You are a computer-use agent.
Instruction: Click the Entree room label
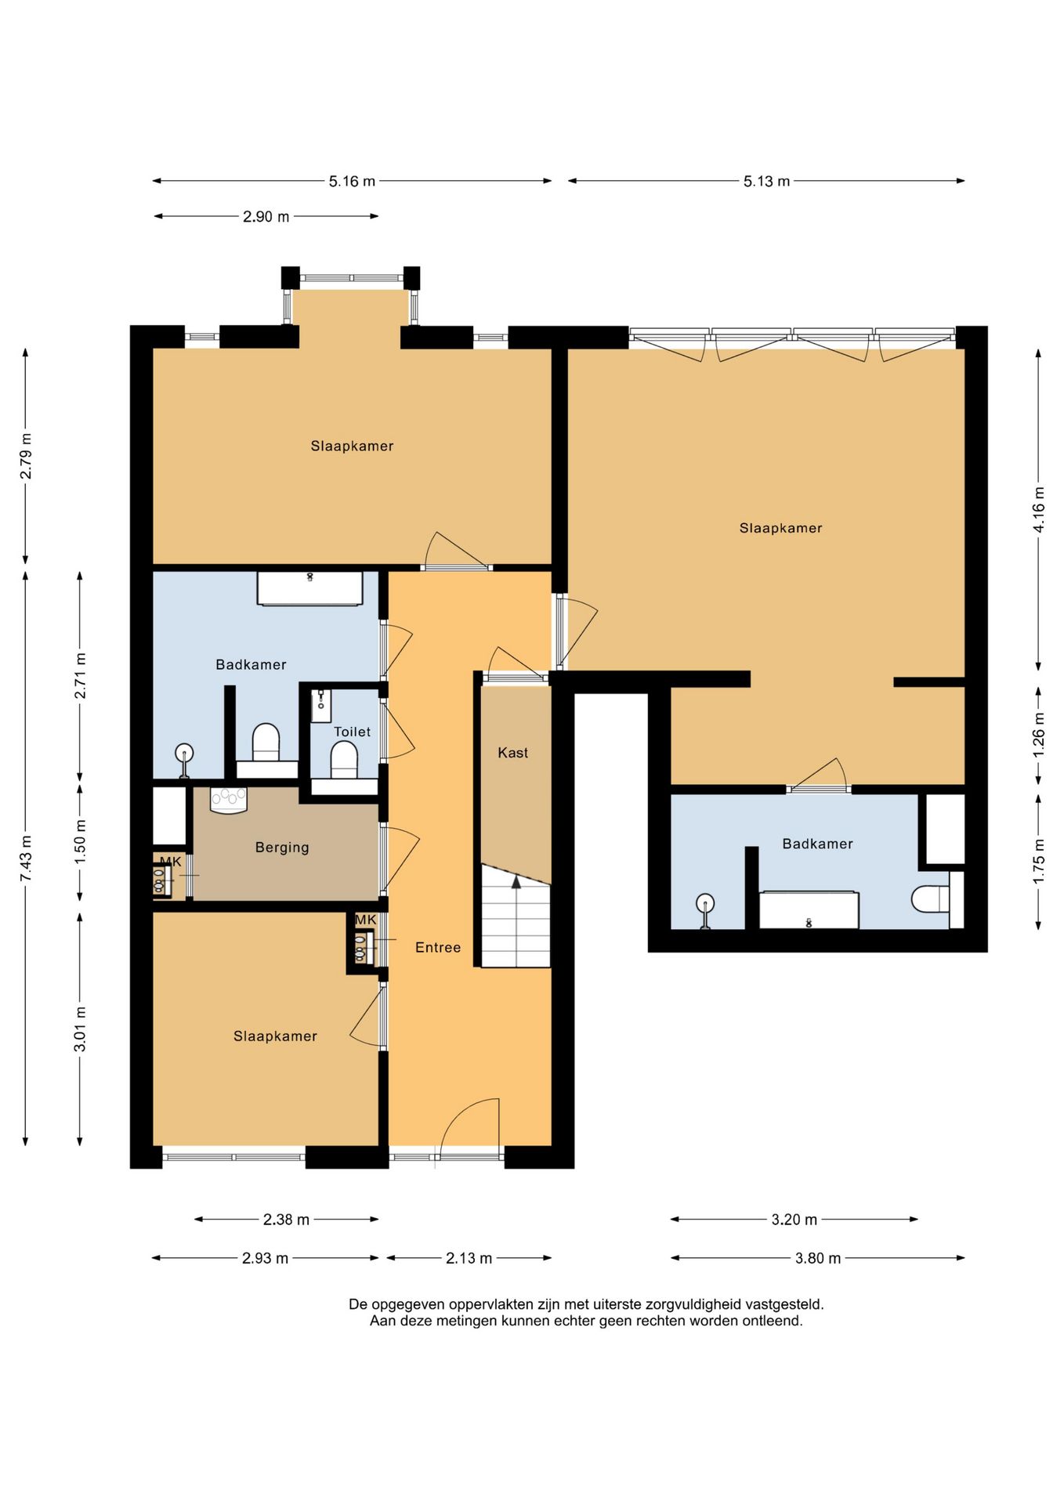pyautogui.click(x=438, y=948)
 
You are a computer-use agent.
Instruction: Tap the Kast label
pyautogui.click(x=513, y=753)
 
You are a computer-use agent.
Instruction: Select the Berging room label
pyautogui.click(x=282, y=848)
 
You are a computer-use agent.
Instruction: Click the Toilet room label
pyautogui.click(x=353, y=732)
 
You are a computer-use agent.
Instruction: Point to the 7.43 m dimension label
pyautogui.click(x=26, y=858)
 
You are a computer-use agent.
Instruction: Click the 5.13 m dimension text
pyautogui.click(x=766, y=182)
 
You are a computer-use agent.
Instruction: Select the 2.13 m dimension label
pyautogui.click(x=469, y=1258)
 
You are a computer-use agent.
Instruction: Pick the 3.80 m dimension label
pyautogui.click(x=818, y=1258)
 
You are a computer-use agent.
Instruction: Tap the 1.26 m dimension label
pyautogui.click(x=1039, y=733)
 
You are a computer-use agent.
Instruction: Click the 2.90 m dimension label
pyautogui.click(x=266, y=217)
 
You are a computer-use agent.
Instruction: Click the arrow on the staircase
pyautogui.click(x=516, y=882)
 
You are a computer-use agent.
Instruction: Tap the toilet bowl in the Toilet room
pyautogui.click(x=344, y=759)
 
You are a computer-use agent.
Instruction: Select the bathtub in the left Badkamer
pyautogui.click(x=310, y=588)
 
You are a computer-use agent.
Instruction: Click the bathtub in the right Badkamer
pyautogui.click(x=809, y=910)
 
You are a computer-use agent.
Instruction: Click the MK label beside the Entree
pyautogui.click(x=366, y=920)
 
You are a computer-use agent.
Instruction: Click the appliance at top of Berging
pyautogui.click(x=229, y=800)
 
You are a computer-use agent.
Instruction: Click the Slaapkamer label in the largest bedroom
pyautogui.click(x=781, y=528)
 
